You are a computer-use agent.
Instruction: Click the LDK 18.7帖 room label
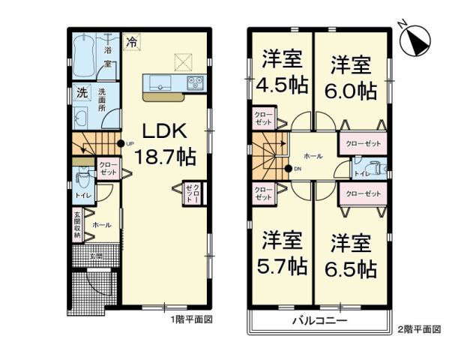[166, 144]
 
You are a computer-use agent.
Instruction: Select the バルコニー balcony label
[319, 321]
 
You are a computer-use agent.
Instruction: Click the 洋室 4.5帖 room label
[282, 73]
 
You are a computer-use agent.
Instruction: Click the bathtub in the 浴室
[85, 55]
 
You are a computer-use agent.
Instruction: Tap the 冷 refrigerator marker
[132, 43]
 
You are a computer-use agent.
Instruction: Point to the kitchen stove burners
[196, 81]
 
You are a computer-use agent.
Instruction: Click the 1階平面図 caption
[193, 319]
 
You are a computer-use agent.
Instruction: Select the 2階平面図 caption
[421, 328]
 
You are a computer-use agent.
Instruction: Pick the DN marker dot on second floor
[288, 169]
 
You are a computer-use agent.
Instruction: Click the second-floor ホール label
[313, 156]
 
